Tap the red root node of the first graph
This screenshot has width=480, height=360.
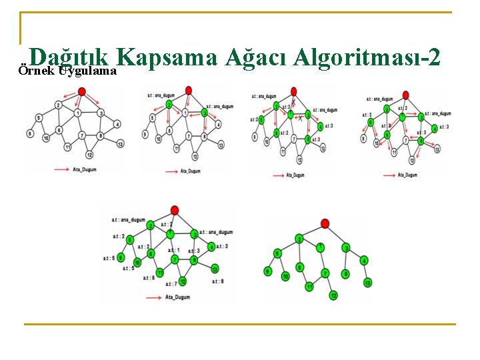pos(81,91)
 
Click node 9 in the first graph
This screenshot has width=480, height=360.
pos(30,134)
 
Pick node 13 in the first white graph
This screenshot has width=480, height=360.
pos(120,143)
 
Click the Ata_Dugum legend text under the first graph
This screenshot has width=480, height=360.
pos(85,170)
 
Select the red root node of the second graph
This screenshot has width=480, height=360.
pos(189,90)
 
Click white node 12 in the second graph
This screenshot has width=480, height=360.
pos(195,157)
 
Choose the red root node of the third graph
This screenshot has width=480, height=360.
pos(293,90)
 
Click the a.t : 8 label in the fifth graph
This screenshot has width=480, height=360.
pos(217,281)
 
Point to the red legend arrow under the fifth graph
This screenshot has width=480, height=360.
pos(154,297)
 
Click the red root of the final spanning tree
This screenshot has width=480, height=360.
pos(325,223)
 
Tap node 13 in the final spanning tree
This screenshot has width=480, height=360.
pos(367,283)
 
